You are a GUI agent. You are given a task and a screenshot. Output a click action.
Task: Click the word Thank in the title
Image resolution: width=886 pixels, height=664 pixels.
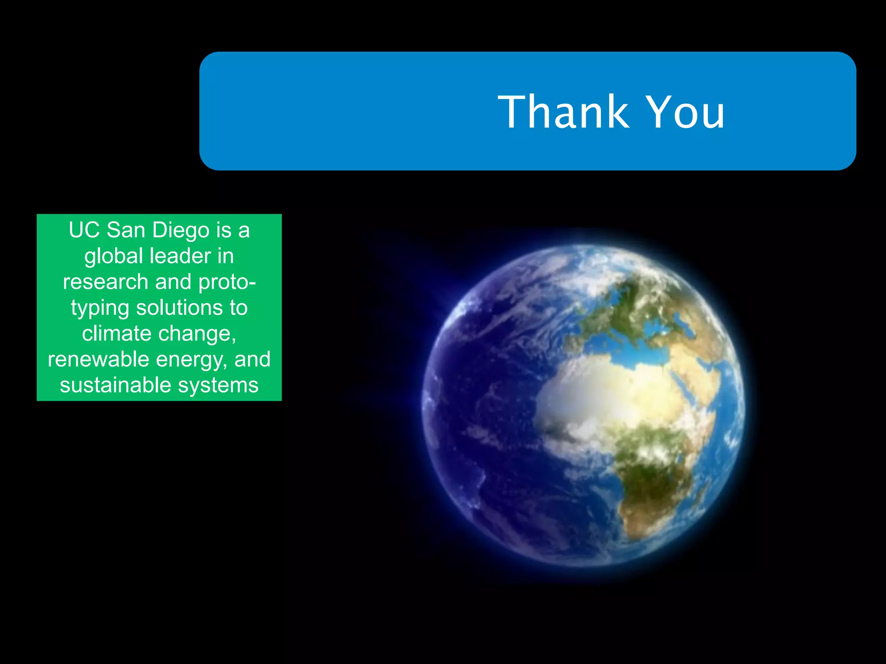[x=563, y=112]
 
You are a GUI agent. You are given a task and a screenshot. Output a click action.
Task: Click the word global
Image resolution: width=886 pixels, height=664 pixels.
[x=114, y=256]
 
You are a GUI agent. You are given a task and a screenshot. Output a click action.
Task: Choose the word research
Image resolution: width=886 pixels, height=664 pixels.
[x=106, y=282]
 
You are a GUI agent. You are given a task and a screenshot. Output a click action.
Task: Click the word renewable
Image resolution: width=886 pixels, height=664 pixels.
[x=98, y=359]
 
